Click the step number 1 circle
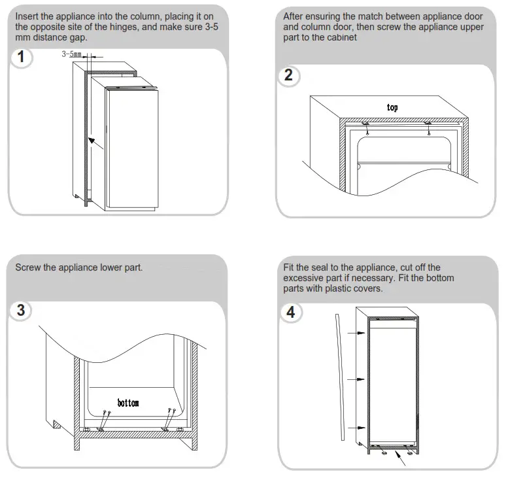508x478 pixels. tap(22, 58)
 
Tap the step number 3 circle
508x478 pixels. tap(22, 310)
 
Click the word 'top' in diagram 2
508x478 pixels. tap(392, 107)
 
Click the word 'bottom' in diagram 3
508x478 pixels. tap(128, 402)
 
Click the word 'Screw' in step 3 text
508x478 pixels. tap(29, 267)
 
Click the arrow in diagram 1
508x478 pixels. tap(96, 144)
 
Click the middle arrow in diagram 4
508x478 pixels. tap(354, 379)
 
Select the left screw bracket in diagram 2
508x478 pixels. tap(365, 123)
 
